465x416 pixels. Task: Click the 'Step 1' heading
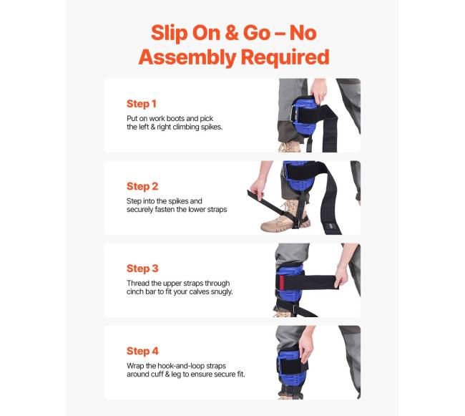(141, 104)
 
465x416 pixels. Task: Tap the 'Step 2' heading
(142, 186)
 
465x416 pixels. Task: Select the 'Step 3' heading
(142, 269)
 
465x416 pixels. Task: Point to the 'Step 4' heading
(142, 351)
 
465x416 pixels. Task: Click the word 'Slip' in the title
(169, 33)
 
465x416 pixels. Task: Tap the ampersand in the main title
(232, 33)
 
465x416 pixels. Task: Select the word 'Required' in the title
(285, 57)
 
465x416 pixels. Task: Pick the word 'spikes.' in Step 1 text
(212, 127)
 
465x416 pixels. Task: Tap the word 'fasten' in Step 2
(165, 210)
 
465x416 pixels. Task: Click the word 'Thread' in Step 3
(138, 283)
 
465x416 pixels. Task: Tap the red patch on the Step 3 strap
(282, 282)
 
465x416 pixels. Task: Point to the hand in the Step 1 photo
(318, 90)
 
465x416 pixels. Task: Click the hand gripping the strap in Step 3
(341, 277)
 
